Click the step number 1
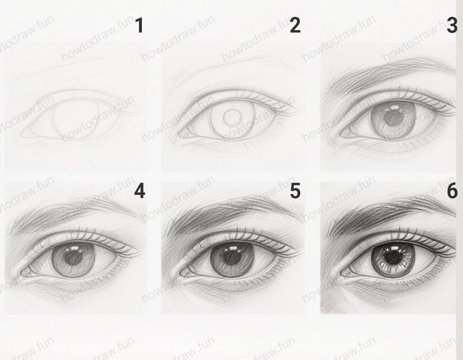[139, 26]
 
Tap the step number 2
[295, 26]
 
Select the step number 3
[452, 26]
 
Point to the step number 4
[139, 191]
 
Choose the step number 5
[295, 191]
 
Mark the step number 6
[452, 191]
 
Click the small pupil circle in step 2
[232, 118]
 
